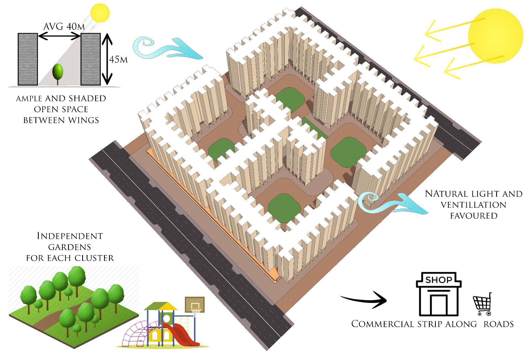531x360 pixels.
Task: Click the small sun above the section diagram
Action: point(100,12)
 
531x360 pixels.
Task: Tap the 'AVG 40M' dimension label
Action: point(64,27)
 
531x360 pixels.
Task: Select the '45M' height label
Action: point(118,60)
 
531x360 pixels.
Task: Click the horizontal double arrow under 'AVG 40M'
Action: point(59,36)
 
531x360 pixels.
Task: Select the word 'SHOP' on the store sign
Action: point(439,280)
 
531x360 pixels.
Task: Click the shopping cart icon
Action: point(483,305)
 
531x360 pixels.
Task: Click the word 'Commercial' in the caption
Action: point(382,324)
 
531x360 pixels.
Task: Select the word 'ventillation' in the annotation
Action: point(473,205)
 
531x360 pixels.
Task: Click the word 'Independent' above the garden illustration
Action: point(70,236)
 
